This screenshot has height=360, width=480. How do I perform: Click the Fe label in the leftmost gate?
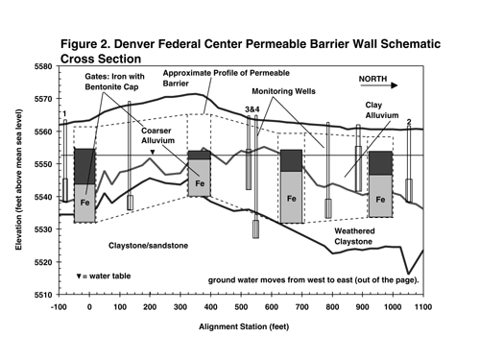[84, 204]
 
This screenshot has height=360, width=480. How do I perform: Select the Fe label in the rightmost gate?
[380, 200]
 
